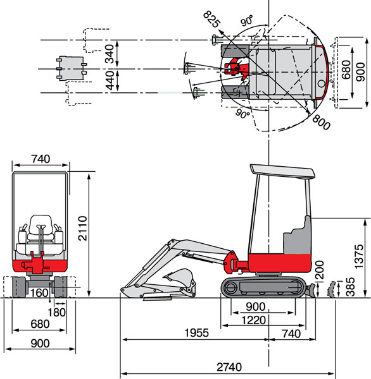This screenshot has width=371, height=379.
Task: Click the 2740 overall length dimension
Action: point(229,366)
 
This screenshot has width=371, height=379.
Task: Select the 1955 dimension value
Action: point(196,333)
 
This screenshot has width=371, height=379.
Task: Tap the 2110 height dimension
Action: point(83,228)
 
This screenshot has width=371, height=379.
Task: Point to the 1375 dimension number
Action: point(359,256)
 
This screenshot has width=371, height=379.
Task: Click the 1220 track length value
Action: point(254,320)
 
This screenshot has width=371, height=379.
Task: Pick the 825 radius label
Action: point(212,20)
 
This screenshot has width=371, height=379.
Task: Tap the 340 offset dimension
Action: point(110,54)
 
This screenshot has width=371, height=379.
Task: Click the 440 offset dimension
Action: point(110,80)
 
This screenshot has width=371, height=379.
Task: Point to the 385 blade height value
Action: point(351,287)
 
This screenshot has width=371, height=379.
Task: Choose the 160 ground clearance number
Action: point(39,293)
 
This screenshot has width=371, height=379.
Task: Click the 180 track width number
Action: point(56,312)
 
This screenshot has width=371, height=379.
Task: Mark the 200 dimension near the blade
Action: point(320,270)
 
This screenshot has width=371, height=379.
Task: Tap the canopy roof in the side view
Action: point(282,171)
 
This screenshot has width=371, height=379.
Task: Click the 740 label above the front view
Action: point(41,159)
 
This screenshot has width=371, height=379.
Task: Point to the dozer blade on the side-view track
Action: point(310,291)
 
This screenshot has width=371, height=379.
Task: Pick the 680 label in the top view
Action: point(346,70)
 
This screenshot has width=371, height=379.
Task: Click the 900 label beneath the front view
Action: point(41,343)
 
